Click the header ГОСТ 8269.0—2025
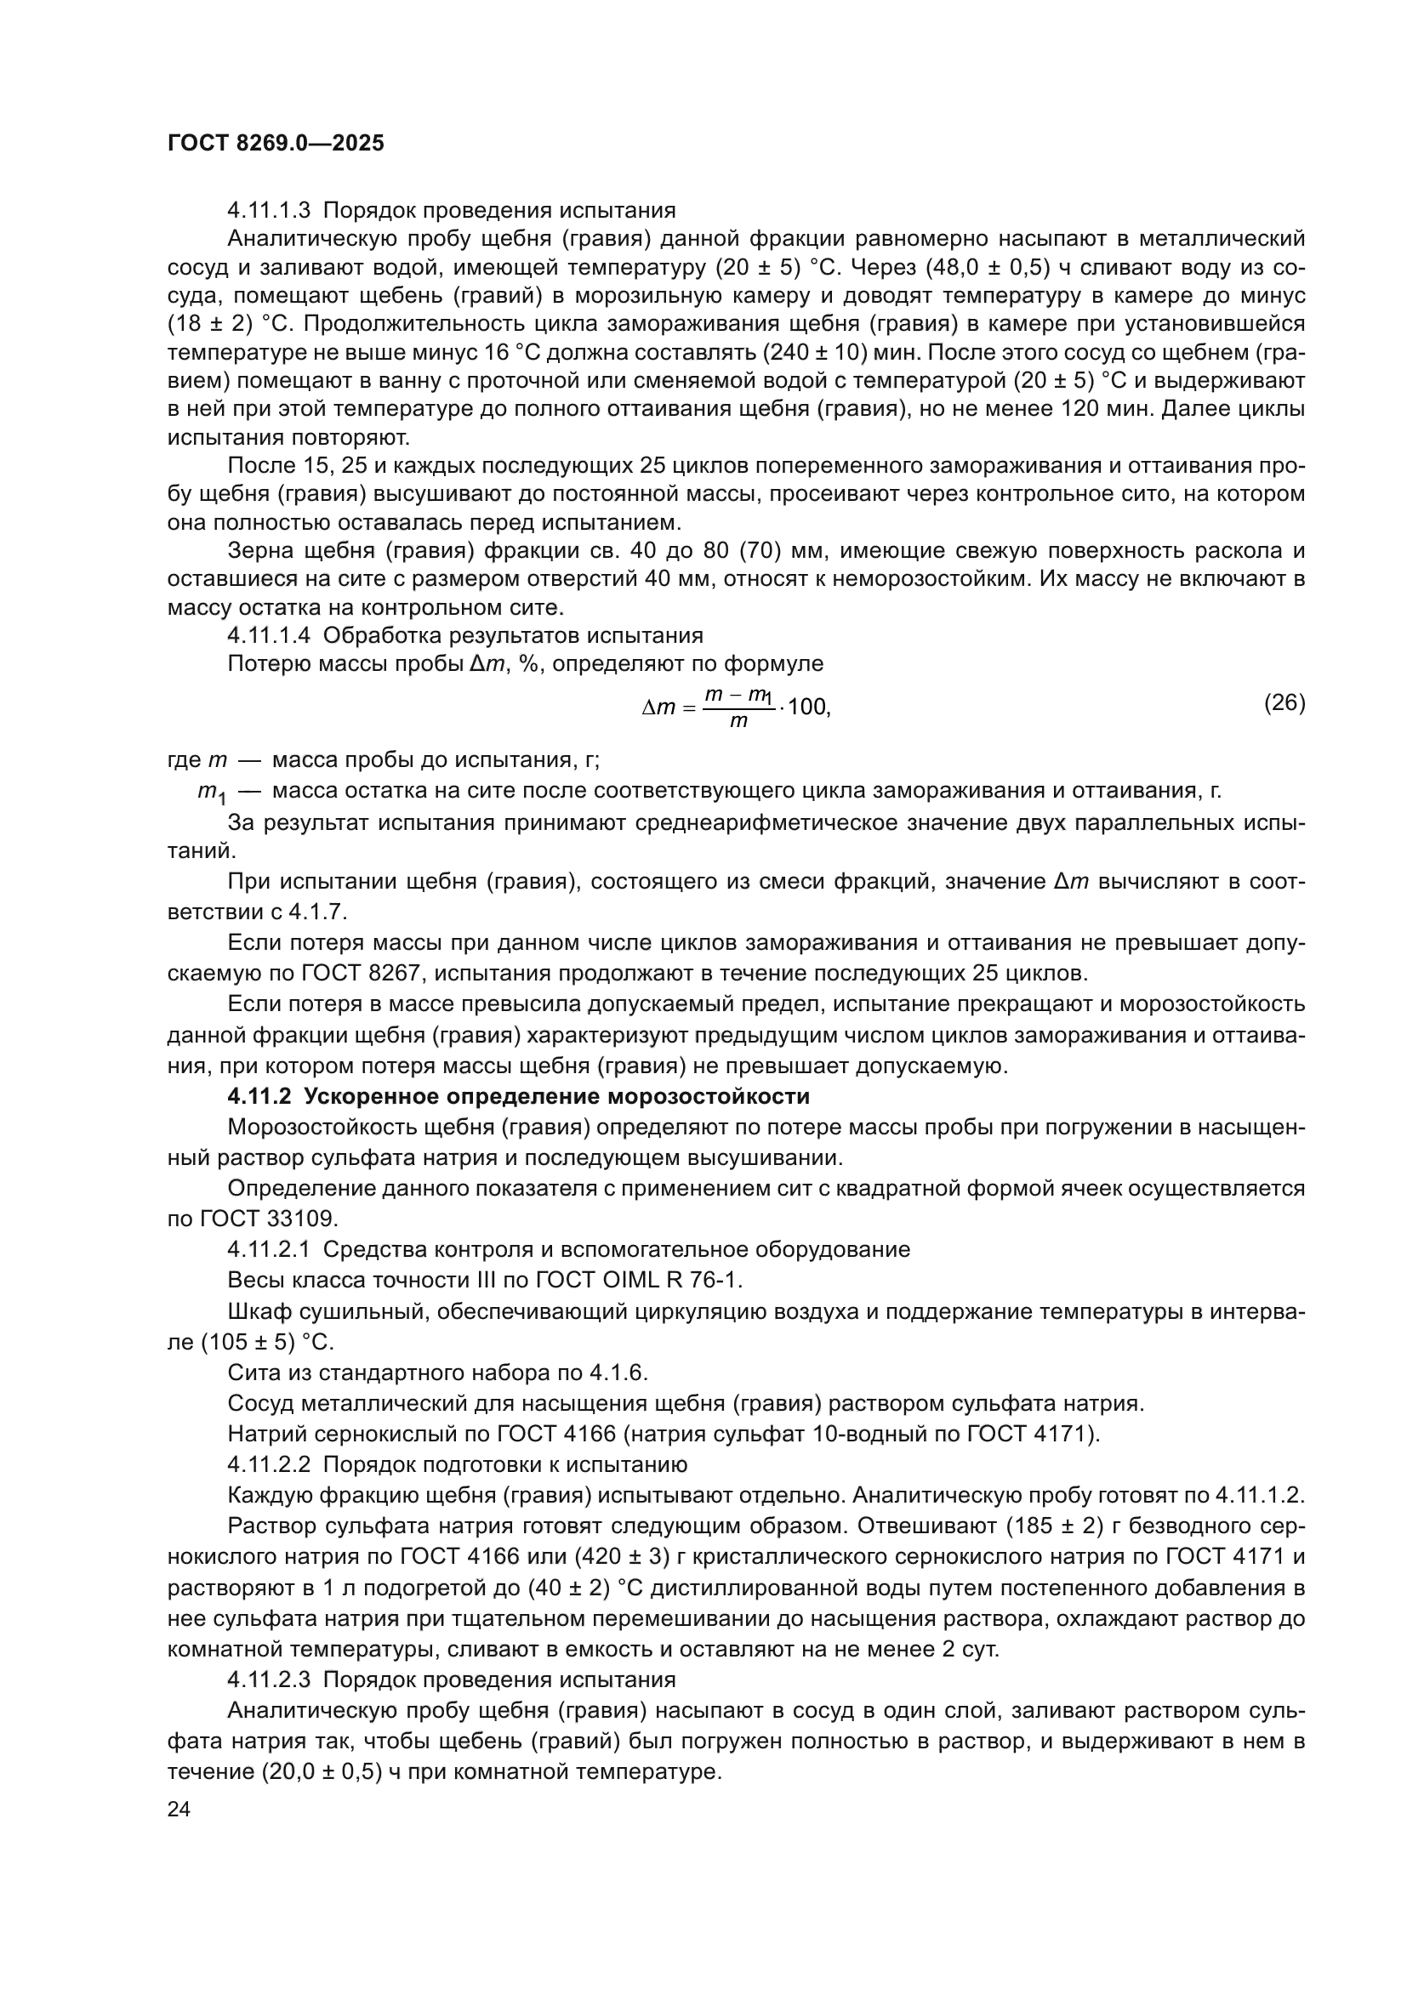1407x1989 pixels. coord(276,144)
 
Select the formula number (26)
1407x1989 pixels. coord(1284,702)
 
